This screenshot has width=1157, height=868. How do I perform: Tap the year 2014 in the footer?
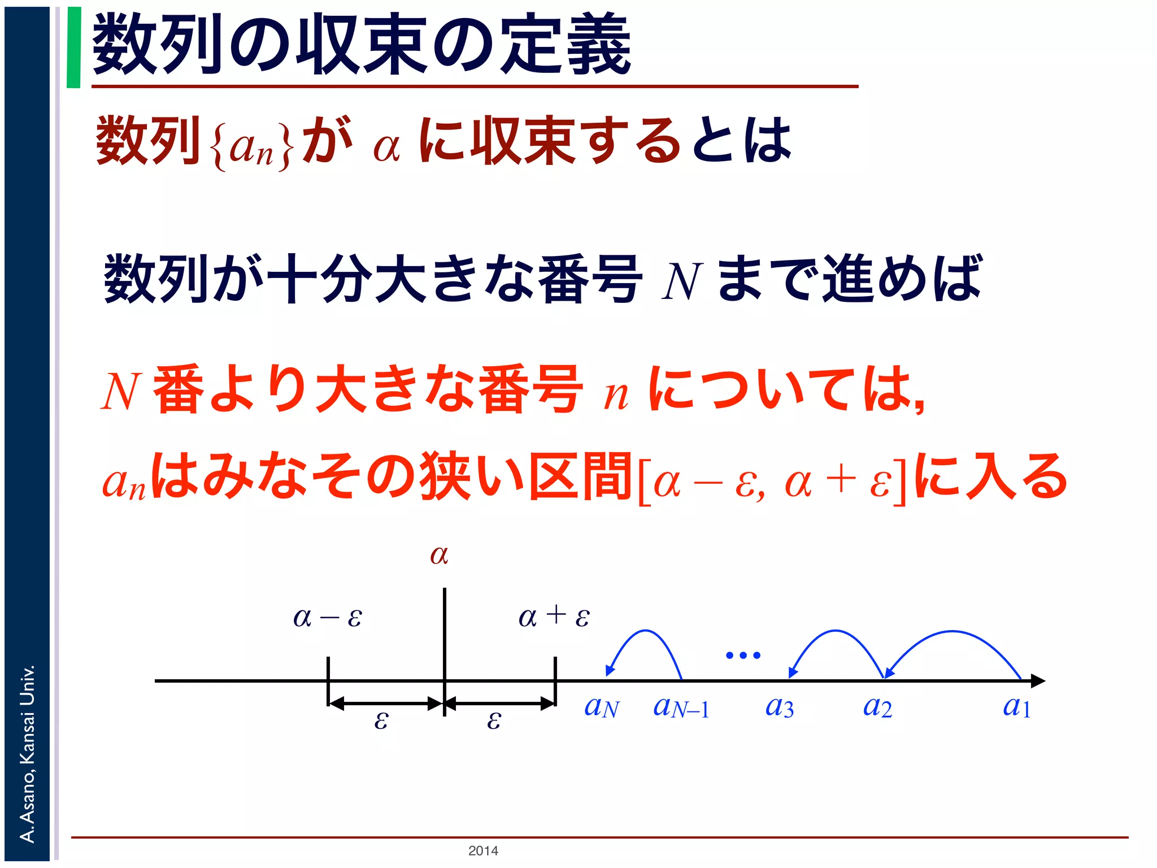click(x=483, y=850)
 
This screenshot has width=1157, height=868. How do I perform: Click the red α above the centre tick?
click(x=439, y=555)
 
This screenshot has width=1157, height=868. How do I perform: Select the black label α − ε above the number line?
click(x=328, y=617)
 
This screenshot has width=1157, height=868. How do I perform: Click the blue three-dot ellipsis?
click(x=743, y=656)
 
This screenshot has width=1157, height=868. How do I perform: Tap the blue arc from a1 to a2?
click(x=953, y=632)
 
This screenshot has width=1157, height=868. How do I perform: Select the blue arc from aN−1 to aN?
click(x=647, y=631)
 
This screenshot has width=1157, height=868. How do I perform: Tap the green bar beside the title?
click(x=73, y=47)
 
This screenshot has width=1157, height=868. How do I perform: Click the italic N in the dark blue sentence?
click(x=681, y=281)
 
